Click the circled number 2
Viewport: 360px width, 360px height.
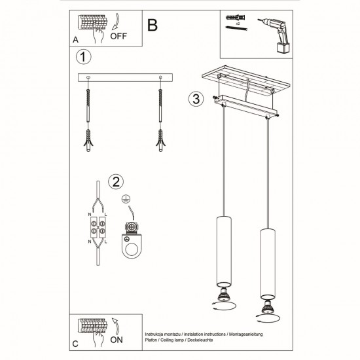(x=115, y=181)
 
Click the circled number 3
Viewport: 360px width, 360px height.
(x=194, y=100)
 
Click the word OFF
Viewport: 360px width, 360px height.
(x=118, y=37)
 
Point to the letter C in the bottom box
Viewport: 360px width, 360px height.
(x=75, y=344)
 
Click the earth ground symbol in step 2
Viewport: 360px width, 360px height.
(x=125, y=197)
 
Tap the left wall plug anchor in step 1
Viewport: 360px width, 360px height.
(x=90, y=138)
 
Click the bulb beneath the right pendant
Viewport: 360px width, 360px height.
(x=266, y=312)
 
